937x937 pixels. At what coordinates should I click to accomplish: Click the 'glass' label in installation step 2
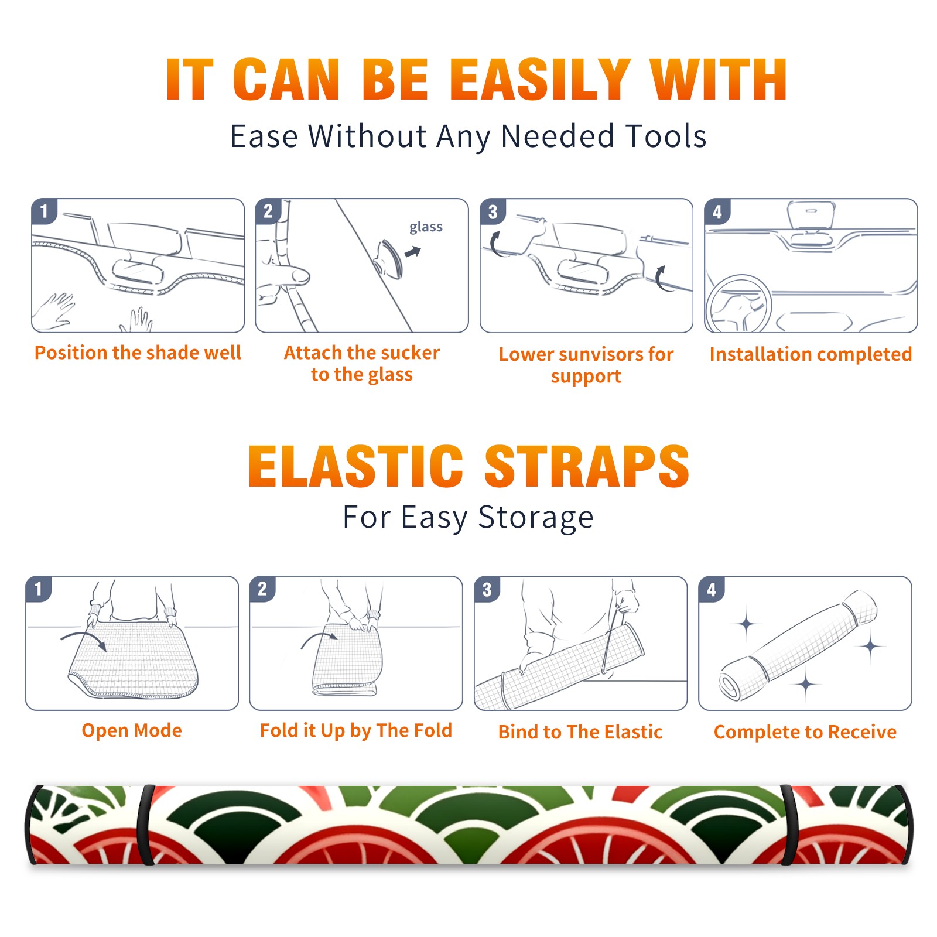[426, 227]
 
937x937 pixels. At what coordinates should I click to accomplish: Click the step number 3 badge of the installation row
[493, 211]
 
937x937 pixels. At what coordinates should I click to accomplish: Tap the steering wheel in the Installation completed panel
[738, 303]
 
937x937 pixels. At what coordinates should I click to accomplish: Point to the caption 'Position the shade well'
[138, 353]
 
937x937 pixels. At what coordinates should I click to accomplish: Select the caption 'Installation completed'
[811, 354]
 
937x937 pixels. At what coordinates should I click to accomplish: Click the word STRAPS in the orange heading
[587, 466]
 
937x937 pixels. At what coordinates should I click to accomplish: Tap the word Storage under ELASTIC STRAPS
[536, 518]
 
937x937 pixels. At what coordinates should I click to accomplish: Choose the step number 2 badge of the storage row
[262, 589]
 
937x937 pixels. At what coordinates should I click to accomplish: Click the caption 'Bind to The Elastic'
[580, 732]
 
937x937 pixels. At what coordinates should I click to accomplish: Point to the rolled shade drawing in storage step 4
[798, 645]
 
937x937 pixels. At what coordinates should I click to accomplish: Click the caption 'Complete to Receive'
[805, 732]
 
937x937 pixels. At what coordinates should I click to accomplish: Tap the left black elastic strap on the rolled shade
[145, 825]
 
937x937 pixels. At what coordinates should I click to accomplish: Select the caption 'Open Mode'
[132, 731]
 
